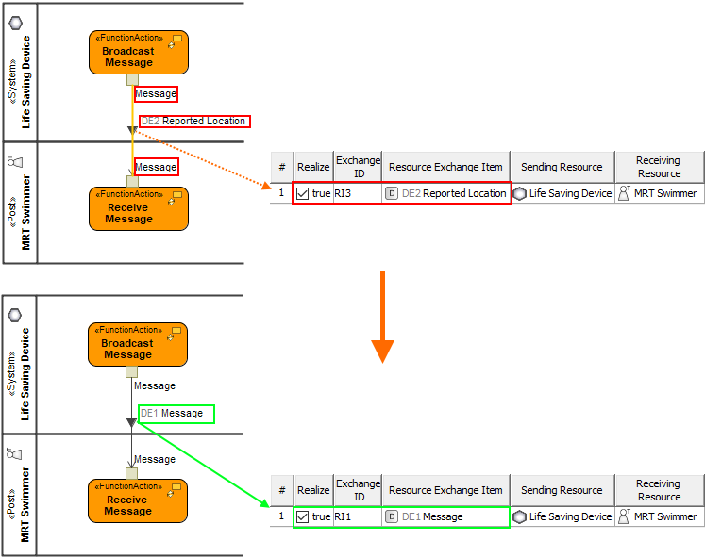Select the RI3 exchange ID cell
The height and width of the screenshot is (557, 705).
pyautogui.click(x=344, y=193)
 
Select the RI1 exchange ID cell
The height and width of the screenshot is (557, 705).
pyautogui.click(x=344, y=516)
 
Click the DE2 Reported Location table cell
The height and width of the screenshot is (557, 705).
pyautogui.click(x=445, y=193)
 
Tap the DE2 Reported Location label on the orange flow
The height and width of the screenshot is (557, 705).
pyautogui.click(x=193, y=122)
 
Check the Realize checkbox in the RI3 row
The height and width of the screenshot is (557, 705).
pyautogui.click(x=303, y=193)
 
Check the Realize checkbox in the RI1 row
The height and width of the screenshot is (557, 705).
pyautogui.click(x=303, y=516)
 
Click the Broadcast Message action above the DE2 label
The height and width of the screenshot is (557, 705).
pyautogui.click(x=138, y=52)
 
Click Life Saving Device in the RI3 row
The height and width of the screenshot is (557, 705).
pyautogui.click(x=562, y=193)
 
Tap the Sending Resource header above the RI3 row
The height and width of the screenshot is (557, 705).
pyautogui.click(x=562, y=167)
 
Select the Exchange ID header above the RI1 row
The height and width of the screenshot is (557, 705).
pyautogui.click(x=359, y=490)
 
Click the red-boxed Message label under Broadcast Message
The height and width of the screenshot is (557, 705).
pyautogui.click(x=156, y=93)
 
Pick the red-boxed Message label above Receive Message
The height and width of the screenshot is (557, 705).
pyautogui.click(x=156, y=167)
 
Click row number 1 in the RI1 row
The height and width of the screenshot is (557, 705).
pyautogui.click(x=281, y=516)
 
